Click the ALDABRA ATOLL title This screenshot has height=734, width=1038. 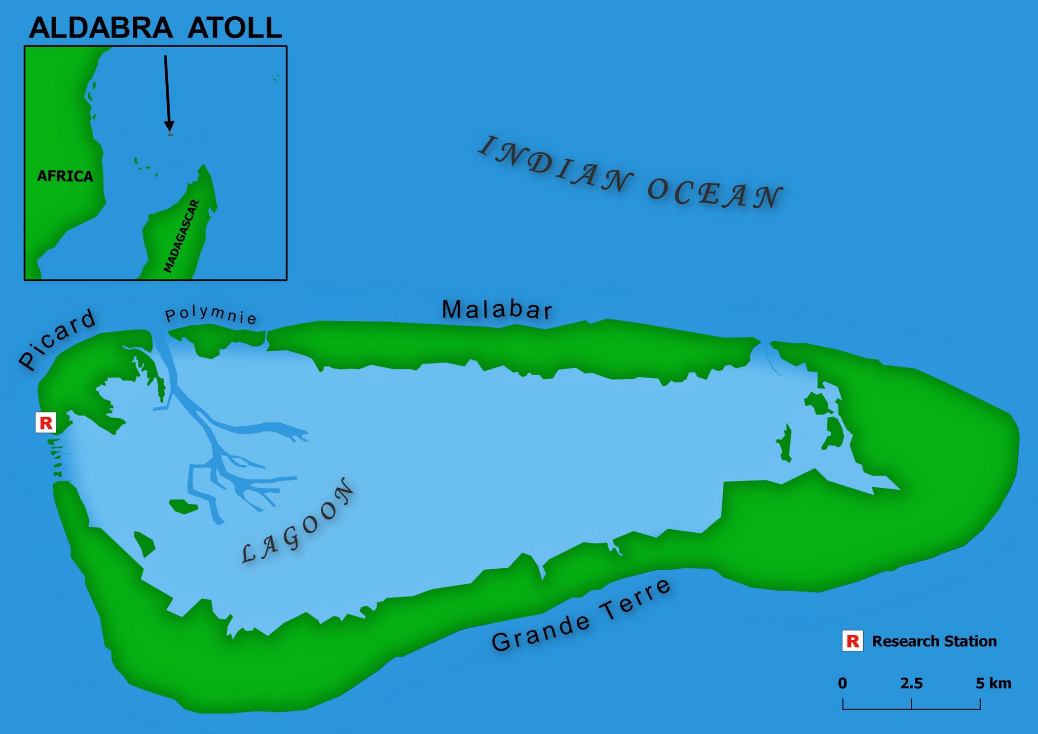(155, 28)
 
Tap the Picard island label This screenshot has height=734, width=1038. (57, 339)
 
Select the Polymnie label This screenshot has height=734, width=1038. (211, 315)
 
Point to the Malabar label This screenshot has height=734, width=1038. (497, 310)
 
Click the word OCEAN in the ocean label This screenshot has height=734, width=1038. (715, 193)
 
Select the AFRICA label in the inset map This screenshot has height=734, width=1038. (65, 176)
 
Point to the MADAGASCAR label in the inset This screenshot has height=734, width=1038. (182, 236)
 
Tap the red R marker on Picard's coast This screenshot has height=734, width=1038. (46, 422)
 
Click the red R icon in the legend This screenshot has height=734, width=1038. (852, 641)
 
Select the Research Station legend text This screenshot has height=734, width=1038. (934, 641)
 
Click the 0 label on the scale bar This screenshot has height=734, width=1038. (842, 683)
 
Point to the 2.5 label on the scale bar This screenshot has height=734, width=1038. (911, 683)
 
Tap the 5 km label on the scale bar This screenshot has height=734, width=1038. (993, 683)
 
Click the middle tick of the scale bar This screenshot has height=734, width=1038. (911, 704)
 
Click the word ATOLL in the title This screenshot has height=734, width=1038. (234, 28)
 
